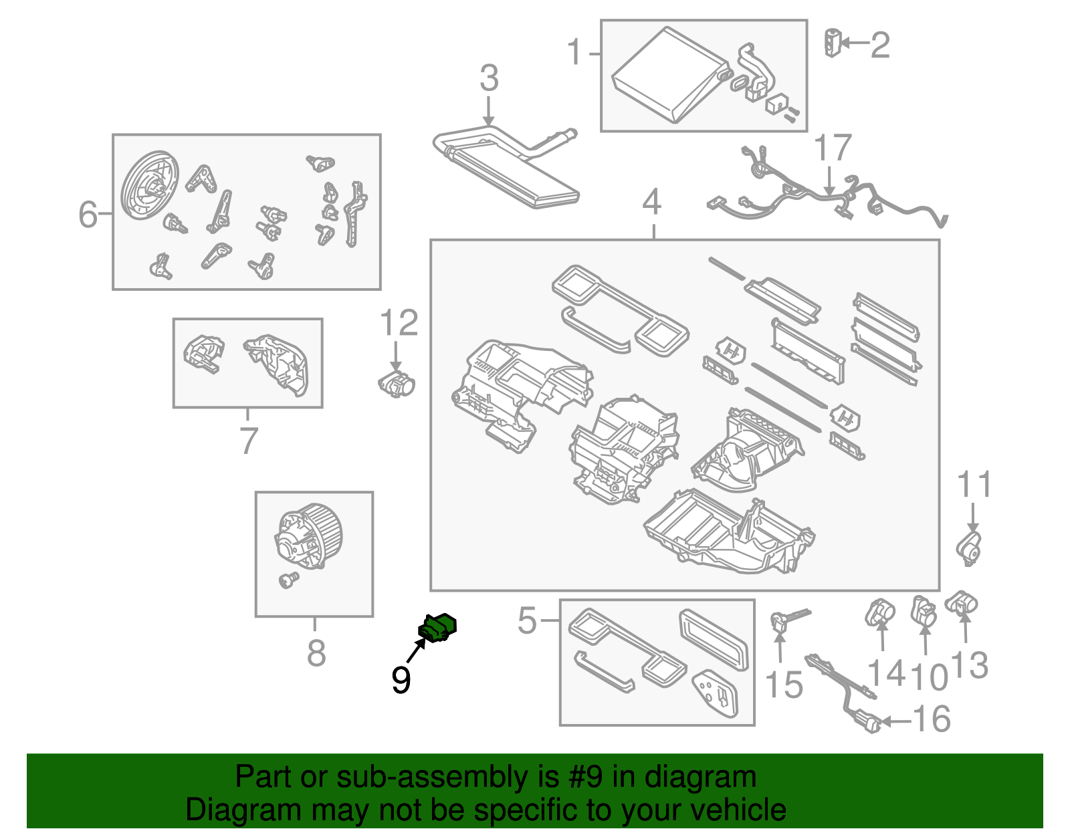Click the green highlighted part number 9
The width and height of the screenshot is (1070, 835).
[x=437, y=627]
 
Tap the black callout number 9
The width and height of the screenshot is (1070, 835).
[x=401, y=680]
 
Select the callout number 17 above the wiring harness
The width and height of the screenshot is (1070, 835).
[x=832, y=148]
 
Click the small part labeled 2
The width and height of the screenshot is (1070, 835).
[x=833, y=43]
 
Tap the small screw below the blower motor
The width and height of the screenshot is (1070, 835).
[x=288, y=580]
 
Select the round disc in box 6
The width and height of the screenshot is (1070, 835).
[x=150, y=187]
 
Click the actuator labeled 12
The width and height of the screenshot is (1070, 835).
[x=397, y=384]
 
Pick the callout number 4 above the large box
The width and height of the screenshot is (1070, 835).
[x=652, y=202]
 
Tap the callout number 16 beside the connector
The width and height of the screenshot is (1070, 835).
[x=932, y=719]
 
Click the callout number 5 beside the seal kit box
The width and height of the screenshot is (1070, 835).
[x=527, y=620]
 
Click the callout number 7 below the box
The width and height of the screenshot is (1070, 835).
[x=248, y=441]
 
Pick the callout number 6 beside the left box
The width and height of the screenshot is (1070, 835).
[x=88, y=214]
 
